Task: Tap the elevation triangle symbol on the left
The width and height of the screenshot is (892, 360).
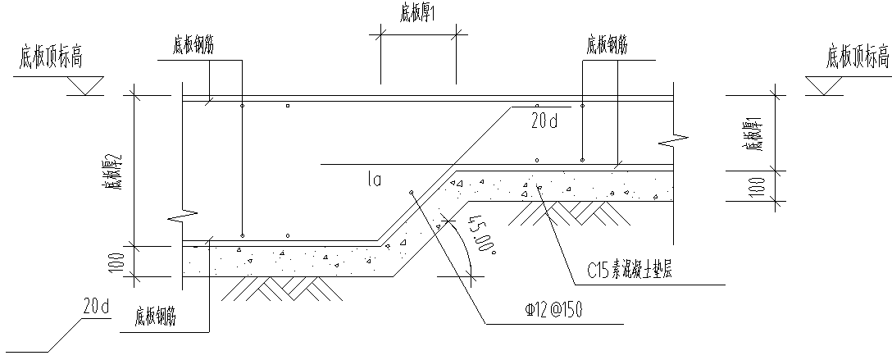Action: click(x=84, y=85)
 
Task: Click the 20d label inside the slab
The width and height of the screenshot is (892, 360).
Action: click(x=543, y=122)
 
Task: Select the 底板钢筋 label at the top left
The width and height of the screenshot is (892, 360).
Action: click(x=193, y=45)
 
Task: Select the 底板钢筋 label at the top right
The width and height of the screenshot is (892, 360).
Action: click(x=608, y=45)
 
